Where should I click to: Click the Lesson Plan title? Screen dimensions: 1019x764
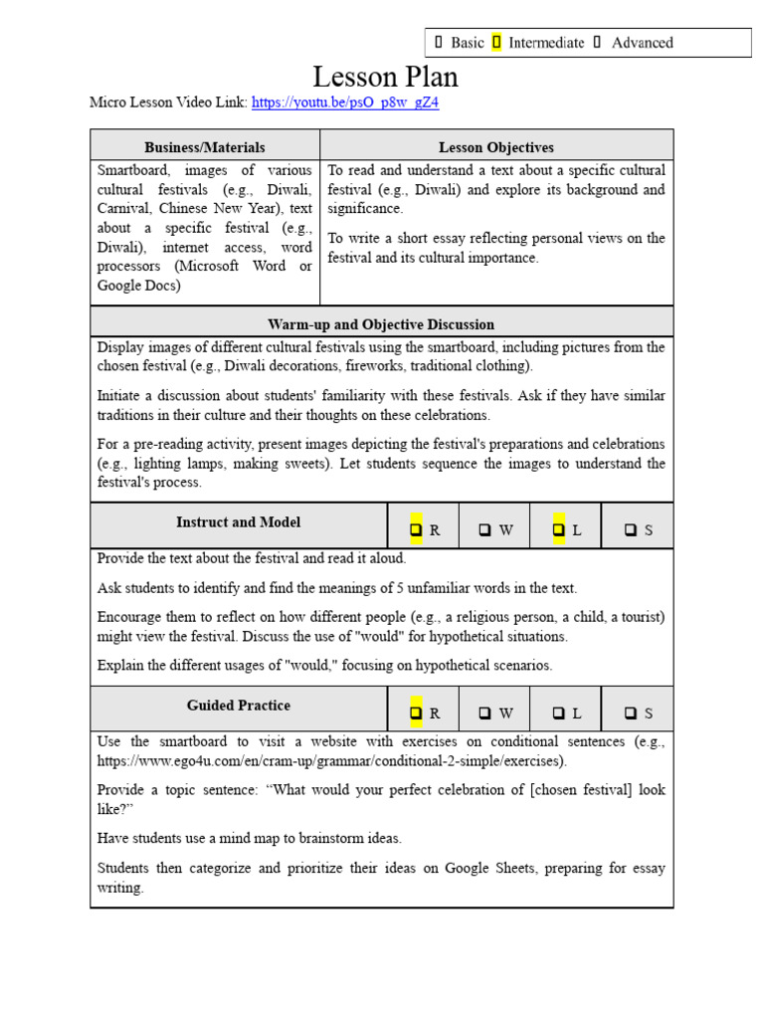pyautogui.click(x=386, y=77)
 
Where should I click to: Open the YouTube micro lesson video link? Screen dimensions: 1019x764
pyautogui.click(x=345, y=102)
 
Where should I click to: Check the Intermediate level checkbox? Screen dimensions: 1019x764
pyautogui.click(x=496, y=42)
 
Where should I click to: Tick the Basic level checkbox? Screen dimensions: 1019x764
pyautogui.click(x=438, y=42)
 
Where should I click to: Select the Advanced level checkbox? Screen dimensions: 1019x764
pyautogui.click(x=597, y=42)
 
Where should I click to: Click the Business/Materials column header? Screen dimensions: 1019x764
pyautogui.click(x=205, y=147)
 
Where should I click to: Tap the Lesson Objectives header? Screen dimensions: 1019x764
pyautogui.click(x=496, y=147)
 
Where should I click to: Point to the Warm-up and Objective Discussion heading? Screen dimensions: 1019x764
pyautogui.click(x=381, y=324)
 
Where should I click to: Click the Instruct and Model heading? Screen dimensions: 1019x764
pyautogui.click(x=239, y=522)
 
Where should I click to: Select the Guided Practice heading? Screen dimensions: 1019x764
pyautogui.click(x=239, y=706)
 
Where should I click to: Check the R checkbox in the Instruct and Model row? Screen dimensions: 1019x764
pyautogui.click(x=416, y=530)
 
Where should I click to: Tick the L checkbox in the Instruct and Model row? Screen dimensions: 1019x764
pyautogui.click(x=558, y=530)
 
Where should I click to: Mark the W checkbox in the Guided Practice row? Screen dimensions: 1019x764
pyautogui.click(x=484, y=713)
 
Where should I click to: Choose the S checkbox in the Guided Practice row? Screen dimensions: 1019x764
pyautogui.click(x=631, y=713)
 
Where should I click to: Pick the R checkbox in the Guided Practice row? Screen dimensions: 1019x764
pyautogui.click(x=416, y=713)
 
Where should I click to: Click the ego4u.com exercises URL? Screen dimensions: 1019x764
pyautogui.click(x=331, y=761)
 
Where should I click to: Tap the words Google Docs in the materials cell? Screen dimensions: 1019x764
pyautogui.click(x=139, y=286)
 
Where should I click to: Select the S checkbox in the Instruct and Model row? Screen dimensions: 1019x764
pyautogui.click(x=631, y=530)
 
